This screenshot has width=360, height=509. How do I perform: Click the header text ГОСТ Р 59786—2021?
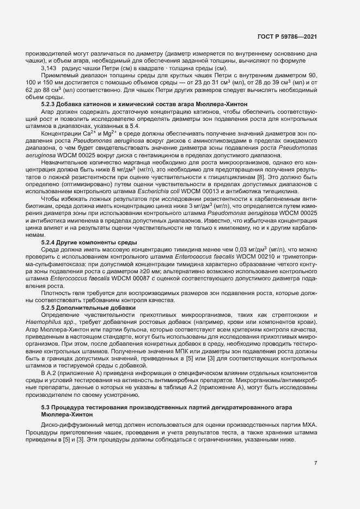click(x=286, y=36)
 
